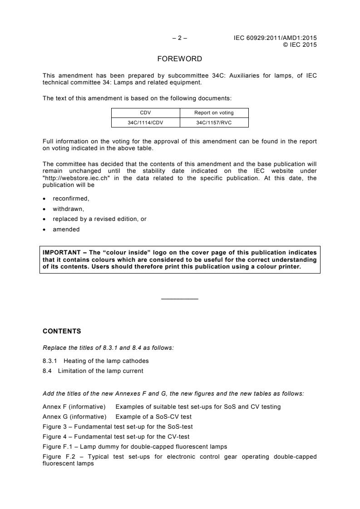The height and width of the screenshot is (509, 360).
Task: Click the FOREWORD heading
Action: point(180,59)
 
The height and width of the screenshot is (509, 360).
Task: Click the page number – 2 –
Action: point(180,38)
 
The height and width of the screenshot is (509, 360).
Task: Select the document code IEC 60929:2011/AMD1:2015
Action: point(275,38)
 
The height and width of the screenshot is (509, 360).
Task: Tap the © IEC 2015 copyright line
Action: point(300,44)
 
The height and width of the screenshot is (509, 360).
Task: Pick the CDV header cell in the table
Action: point(146,113)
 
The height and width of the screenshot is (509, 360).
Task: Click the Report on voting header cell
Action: point(214,113)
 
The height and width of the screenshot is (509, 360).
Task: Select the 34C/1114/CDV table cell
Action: point(146,122)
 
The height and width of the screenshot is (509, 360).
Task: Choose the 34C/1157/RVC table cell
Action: point(214,122)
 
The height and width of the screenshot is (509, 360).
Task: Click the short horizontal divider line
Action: point(180,299)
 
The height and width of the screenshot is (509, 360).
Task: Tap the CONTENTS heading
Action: point(59,331)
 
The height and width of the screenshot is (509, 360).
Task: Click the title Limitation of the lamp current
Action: point(100,371)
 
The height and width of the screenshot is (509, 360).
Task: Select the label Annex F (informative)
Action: point(74,406)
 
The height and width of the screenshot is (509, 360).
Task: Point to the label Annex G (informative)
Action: point(74,416)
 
